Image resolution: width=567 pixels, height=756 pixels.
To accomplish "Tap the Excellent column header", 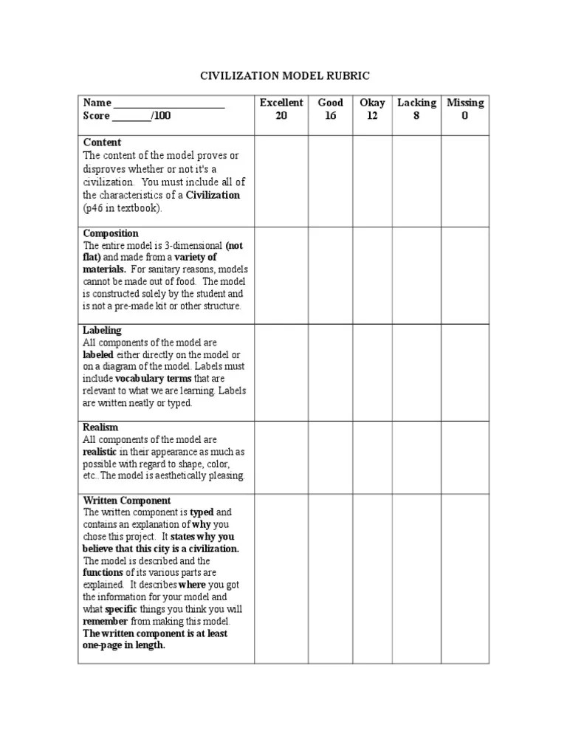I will (x=281, y=103).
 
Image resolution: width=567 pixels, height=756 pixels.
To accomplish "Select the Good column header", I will (x=330, y=103).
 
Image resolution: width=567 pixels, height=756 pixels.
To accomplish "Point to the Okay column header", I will (x=372, y=103).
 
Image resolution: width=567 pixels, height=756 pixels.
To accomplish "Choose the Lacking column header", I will (x=416, y=103).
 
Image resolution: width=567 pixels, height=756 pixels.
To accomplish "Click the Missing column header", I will (x=465, y=103).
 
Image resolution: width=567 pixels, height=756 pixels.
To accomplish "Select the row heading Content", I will (x=103, y=142).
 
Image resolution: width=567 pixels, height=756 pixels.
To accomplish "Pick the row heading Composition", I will (x=111, y=233).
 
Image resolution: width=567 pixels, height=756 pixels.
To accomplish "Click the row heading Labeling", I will (x=103, y=330).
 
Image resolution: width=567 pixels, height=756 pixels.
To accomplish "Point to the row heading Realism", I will (x=100, y=427).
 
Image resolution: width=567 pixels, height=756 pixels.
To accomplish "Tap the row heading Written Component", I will (x=127, y=500).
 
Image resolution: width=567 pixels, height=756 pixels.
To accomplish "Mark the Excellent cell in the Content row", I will (x=281, y=181).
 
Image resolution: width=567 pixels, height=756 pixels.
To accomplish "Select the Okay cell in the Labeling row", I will (x=372, y=372).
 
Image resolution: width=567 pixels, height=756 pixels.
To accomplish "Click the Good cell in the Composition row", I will (x=330, y=275).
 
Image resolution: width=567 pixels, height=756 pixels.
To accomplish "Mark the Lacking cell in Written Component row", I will (x=416, y=579).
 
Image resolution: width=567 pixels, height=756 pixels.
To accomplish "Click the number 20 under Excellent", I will (x=281, y=116).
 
